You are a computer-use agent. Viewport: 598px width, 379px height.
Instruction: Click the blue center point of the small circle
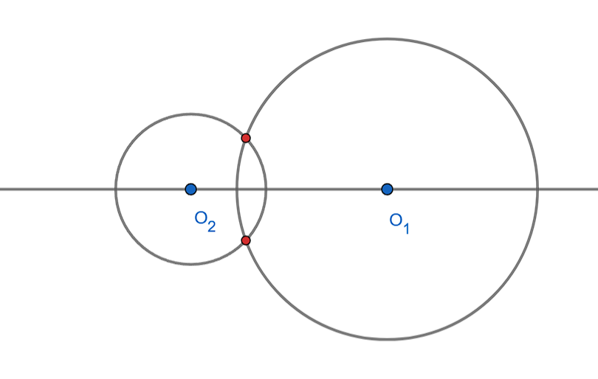[x=190, y=189]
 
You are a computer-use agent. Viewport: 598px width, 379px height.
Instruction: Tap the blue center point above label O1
[x=387, y=189]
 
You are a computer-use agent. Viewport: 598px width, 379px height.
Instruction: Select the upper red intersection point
[x=246, y=138]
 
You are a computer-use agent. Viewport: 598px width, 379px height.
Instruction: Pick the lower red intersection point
[x=246, y=240]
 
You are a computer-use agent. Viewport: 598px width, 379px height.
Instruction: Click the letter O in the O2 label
[x=201, y=218]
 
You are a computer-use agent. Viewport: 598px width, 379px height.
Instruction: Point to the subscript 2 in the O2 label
[x=211, y=226]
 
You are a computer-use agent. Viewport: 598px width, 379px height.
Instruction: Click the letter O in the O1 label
[x=396, y=220]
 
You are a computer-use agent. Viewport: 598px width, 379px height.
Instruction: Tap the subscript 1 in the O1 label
[x=406, y=228]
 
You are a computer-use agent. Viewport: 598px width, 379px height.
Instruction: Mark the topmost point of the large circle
[x=387, y=39]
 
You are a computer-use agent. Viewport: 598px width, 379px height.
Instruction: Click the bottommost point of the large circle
[x=387, y=338]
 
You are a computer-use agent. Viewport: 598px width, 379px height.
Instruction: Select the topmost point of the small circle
[x=190, y=114]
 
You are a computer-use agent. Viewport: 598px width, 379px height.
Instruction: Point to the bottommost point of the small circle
[x=190, y=263]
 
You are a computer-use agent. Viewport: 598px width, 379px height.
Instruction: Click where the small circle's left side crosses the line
[x=116, y=189]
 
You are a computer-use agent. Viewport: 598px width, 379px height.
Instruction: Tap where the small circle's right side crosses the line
[x=266, y=189]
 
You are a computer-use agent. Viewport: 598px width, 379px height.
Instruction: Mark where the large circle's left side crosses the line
[x=237, y=189]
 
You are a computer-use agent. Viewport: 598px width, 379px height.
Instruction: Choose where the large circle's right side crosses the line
[x=537, y=189]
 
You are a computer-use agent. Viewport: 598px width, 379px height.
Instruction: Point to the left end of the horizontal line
[x=1, y=189]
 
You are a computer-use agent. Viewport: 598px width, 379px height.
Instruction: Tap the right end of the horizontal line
[x=597, y=189]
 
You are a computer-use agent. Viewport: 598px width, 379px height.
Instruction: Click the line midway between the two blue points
[x=289, y=189]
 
